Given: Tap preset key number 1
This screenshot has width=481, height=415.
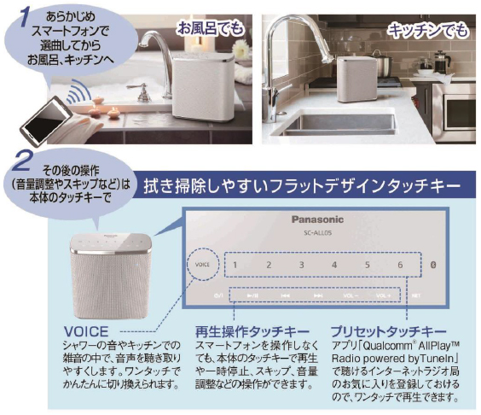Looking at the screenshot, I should pyautogui.click(x=235, y=265).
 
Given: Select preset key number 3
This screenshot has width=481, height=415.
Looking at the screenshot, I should pyautogui.click(x=301, y=265).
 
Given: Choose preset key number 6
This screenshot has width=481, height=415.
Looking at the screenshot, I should pyautogui.click(x=399, y=265).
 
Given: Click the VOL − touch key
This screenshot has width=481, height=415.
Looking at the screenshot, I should pyautogui.click(x=351, y=295).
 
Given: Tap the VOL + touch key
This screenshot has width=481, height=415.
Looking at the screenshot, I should pyautogui.click(x=383, y=295).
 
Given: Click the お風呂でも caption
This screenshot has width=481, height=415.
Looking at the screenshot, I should pyautogui.click(x=208, y=30).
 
